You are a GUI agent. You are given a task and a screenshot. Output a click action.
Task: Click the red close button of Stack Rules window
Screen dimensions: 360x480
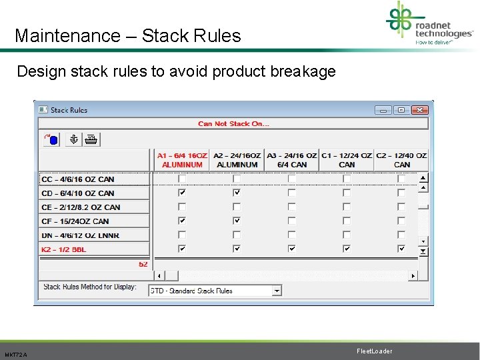tap(419, 110)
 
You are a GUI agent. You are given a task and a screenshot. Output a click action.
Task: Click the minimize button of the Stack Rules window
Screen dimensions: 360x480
tap(383, 110)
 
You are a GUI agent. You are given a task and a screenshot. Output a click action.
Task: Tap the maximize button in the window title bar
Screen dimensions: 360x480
tap(401, 110)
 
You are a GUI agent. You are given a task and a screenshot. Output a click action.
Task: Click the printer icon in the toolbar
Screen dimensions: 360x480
tap(91, 139)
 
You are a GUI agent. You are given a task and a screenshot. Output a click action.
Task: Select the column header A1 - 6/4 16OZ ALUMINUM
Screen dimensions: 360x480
tap(182, 160)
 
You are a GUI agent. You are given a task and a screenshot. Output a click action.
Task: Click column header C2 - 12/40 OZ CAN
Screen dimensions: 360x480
tap(401, 160)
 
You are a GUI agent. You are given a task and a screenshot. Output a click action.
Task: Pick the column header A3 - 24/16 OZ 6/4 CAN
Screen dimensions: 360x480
tap(291, 160)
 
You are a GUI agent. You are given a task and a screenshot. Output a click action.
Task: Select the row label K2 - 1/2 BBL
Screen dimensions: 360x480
tap(64, 249)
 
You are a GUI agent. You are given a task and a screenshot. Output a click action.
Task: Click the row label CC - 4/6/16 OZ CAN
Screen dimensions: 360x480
tap(77, 179)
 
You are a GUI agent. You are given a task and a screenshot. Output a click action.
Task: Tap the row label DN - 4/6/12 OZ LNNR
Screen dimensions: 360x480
tap(80, 235)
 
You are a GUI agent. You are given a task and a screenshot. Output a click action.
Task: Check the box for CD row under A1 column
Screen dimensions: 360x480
tap(182, 193)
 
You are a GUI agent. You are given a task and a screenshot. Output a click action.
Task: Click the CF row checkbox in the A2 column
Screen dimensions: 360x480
tap(237, 221)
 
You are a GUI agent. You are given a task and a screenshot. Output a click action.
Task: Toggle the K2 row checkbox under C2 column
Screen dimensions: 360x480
tap(401, 249)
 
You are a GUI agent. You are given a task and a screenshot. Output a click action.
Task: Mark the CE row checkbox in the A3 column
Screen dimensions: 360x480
tap(291, 207)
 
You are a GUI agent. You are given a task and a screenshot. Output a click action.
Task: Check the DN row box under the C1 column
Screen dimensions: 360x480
tap(347, 235)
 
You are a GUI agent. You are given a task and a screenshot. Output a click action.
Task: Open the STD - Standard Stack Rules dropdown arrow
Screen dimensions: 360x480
tap(277, 291)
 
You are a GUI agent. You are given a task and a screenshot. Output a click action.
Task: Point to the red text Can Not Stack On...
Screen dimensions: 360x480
tap(233, 123)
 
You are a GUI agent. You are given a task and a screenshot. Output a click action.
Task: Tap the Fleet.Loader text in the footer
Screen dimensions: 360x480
tap(374, 351)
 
